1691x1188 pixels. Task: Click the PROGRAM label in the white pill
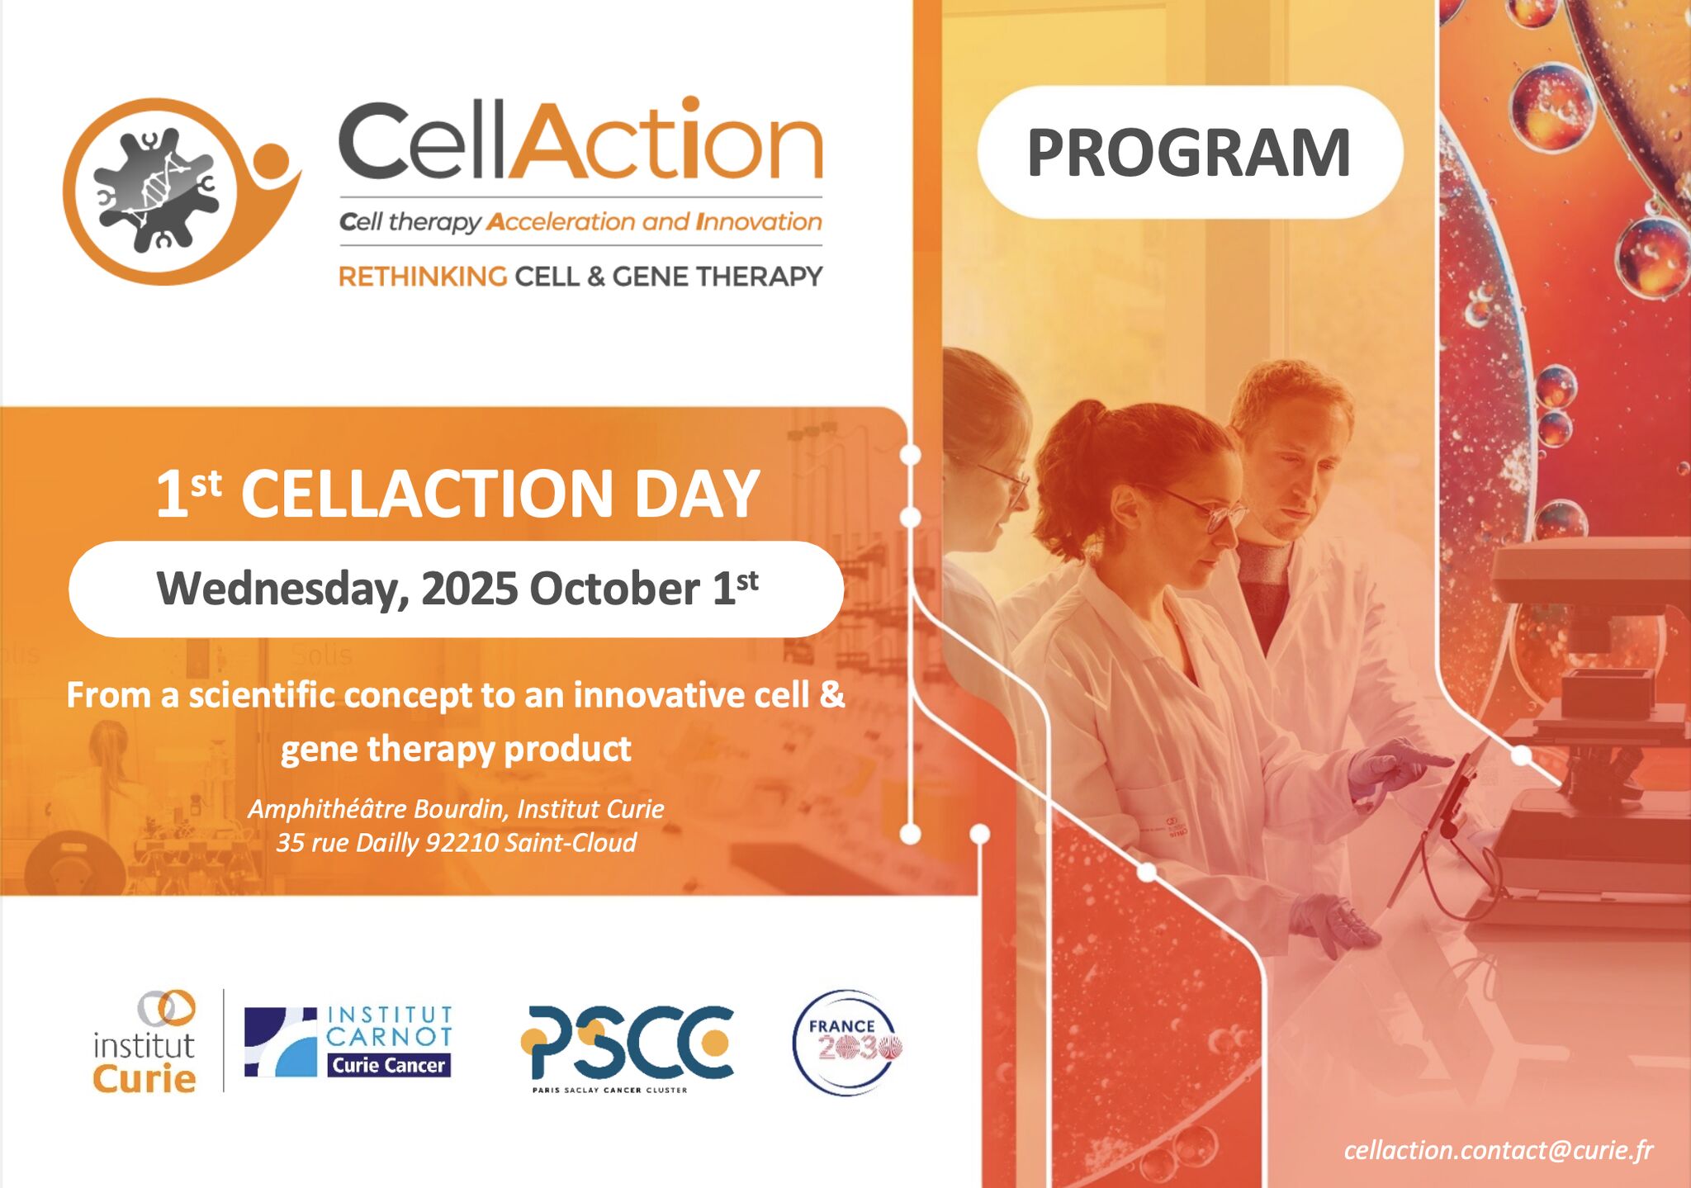1189,153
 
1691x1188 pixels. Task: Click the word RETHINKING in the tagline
423,276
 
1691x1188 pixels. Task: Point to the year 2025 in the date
470,589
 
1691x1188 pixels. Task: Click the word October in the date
614,589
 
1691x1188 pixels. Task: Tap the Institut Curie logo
144,1042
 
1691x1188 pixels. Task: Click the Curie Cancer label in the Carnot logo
389,1065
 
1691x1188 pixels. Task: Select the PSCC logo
627,1047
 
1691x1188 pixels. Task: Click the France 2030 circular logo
846,1043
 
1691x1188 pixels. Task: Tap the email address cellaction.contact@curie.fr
1498,1150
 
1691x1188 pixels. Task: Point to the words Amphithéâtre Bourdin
378,809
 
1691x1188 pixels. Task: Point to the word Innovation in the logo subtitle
759,222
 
